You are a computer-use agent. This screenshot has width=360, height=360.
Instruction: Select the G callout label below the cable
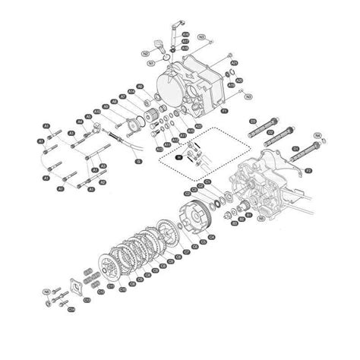click(138, 161)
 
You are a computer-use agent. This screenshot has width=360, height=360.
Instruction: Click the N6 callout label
click(46, 291)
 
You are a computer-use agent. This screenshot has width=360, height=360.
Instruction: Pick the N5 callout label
click(261, 219)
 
